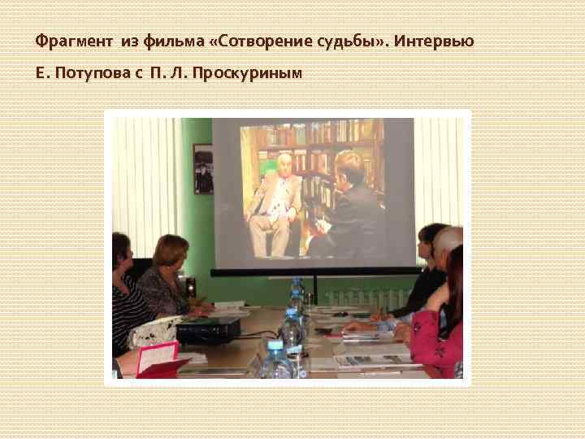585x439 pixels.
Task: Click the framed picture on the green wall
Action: tap(202, 168)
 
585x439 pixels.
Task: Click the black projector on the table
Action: tap(209, 329)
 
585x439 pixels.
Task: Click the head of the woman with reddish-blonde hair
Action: tap(171, 251)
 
